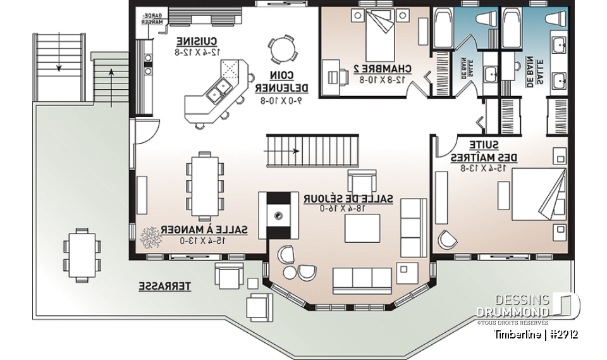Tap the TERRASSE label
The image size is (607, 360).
point(164,287)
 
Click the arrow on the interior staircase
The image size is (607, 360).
point(297,151)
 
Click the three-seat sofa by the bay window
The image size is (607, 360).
point(362,277)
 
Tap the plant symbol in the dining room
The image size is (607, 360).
point(151,236)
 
